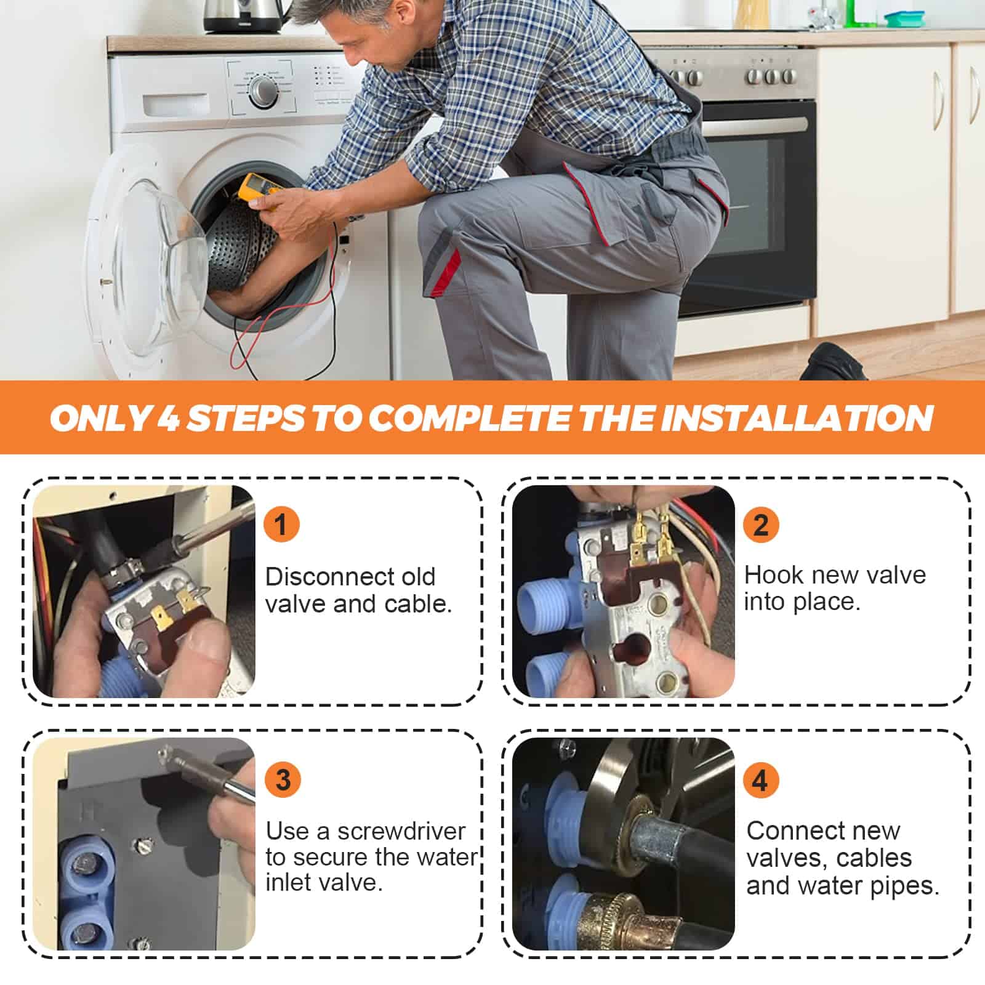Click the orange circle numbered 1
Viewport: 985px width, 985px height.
tap(281, 525)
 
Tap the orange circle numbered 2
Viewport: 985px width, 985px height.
tap(761, 525)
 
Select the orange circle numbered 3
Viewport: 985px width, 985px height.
tap(283, 779)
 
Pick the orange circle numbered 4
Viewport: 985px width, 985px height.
tap(760, 779)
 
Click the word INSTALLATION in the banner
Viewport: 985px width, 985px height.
tap(797, 418)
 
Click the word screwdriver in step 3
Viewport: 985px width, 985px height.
tap(401, 832)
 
